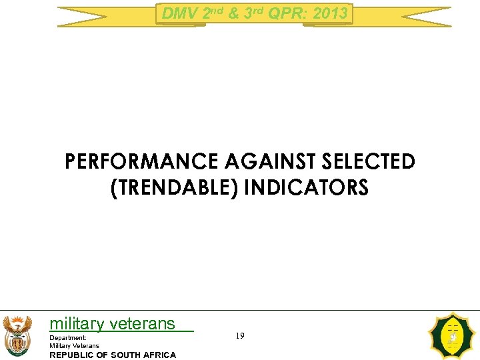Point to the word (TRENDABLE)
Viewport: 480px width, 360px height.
point(173,188)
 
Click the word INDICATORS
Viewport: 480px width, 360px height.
point(306,188)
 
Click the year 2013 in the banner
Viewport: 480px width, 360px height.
point(331,13)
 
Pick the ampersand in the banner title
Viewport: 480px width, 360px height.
point(233,13)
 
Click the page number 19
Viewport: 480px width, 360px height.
point(239,336)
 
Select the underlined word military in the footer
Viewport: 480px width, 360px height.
point(77,324)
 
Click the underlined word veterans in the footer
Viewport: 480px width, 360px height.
point(142,324)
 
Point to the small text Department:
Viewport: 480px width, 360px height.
point(68,338)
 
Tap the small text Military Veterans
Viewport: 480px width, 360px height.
point(74,345)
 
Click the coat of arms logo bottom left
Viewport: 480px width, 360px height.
point(17,335)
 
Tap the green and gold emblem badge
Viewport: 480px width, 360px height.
point(453,337)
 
